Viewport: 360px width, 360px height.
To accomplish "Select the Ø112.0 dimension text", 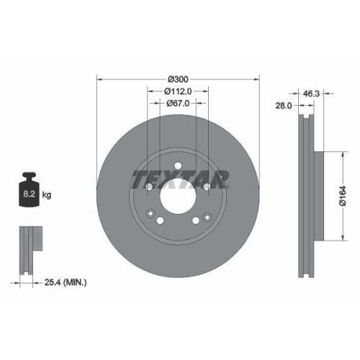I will (178, 91).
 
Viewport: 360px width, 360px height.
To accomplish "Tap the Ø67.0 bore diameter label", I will (178, 104).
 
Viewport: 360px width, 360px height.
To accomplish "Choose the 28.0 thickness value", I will (283, 105).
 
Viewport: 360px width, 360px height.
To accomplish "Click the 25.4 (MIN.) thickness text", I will (64, 283).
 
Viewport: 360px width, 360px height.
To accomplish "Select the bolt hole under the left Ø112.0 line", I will (148, 188).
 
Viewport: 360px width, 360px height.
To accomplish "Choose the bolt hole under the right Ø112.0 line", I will (208, 188).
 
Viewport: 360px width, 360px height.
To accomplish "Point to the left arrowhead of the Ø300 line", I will (99, 79).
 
